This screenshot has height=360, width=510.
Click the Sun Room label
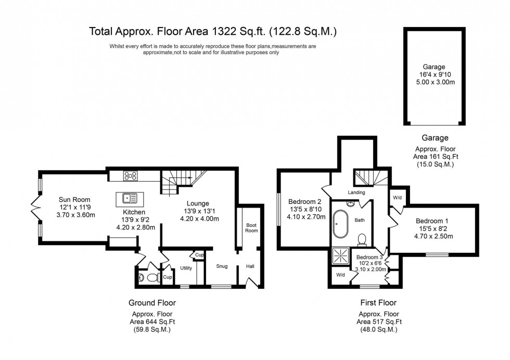coord(74,199)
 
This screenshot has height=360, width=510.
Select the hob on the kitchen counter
coord(130,176)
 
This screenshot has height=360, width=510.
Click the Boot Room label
coord(251,227)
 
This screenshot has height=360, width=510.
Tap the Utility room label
coord(186,268)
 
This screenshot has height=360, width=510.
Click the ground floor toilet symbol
coord(150,278)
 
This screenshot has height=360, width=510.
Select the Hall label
coord(250,266)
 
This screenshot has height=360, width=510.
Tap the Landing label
coord(358,192)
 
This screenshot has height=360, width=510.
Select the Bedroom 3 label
coord(370,257)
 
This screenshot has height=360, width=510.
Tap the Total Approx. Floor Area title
coord(213,32)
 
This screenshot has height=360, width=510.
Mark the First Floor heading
coord(378,302)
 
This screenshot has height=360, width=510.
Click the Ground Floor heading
coord(152,302)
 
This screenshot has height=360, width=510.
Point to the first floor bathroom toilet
coord(363,239)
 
